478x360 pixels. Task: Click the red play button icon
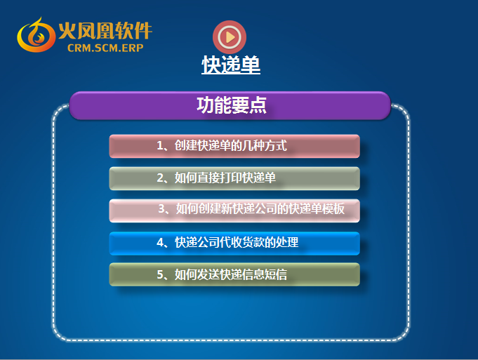(x=230, y=37)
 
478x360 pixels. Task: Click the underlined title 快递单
(x=231, y=65)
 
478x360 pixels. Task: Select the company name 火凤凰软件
(x=105, y=30)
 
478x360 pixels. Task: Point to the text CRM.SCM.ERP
(x=105, y=48)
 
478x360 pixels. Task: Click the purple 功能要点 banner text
(x=232, y=105)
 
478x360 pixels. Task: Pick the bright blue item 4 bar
(x=234, y=244)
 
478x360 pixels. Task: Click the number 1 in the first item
(x=160, y=146)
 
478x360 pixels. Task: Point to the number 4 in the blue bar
(x=160, y=243)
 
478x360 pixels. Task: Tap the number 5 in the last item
(x=160, y=274)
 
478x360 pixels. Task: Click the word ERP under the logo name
(x=133, y=48)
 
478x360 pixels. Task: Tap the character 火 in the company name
(x=67, y=31)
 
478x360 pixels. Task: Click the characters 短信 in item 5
(x=276, y=274)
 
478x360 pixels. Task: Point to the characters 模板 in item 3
(x=333, y=209)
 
